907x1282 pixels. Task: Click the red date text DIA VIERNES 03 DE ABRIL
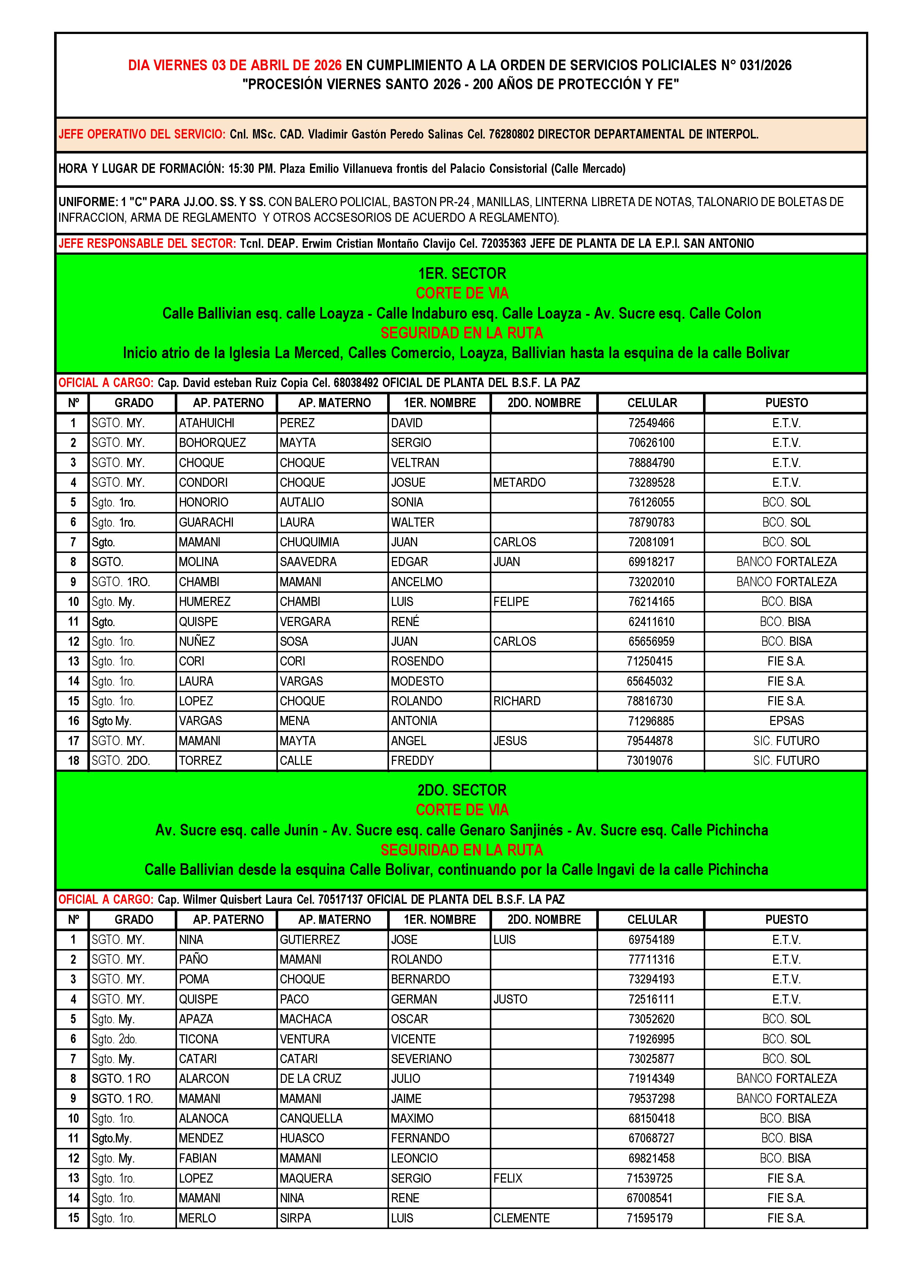coord(235,65)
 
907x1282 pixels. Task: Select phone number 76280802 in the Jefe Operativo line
coord(511,134)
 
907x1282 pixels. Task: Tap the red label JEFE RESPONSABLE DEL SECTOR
coord(147,243)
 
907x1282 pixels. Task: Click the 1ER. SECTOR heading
coord(462,274)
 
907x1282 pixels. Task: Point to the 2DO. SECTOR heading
coord(462,790)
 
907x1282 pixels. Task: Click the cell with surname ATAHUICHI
coord(207,423)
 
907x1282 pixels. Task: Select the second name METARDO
coord(519,482)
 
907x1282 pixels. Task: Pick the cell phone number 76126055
coord(651,502)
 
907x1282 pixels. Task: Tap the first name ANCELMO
coord(417,582)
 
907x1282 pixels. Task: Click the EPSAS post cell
coord(786,721)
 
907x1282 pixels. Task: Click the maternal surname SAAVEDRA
coord(308,562)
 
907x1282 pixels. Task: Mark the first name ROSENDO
coord(417,662)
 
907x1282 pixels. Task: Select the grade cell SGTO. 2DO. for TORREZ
coord(121,761)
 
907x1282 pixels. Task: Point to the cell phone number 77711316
coord(651,960)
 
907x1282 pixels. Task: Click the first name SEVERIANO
coord(421,1059)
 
